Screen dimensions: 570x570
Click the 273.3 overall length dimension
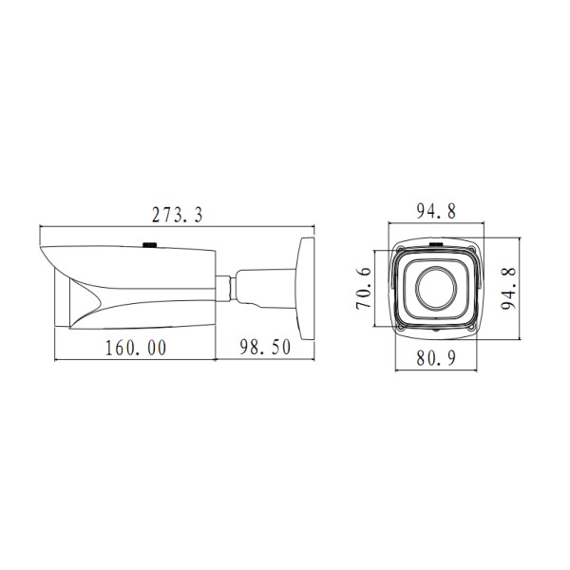click(177, 215)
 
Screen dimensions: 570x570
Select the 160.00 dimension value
click(136, 348)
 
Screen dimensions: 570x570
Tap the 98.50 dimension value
click(265, 347)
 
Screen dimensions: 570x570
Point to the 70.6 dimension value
click(364, 288)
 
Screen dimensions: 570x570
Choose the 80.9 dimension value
click(436, 358)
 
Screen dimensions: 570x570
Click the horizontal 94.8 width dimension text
click(436, 211)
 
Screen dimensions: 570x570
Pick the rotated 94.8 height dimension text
click(508, 288)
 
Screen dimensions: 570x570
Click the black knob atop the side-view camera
click(149, 245)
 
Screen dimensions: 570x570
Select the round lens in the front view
click(436, 288)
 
